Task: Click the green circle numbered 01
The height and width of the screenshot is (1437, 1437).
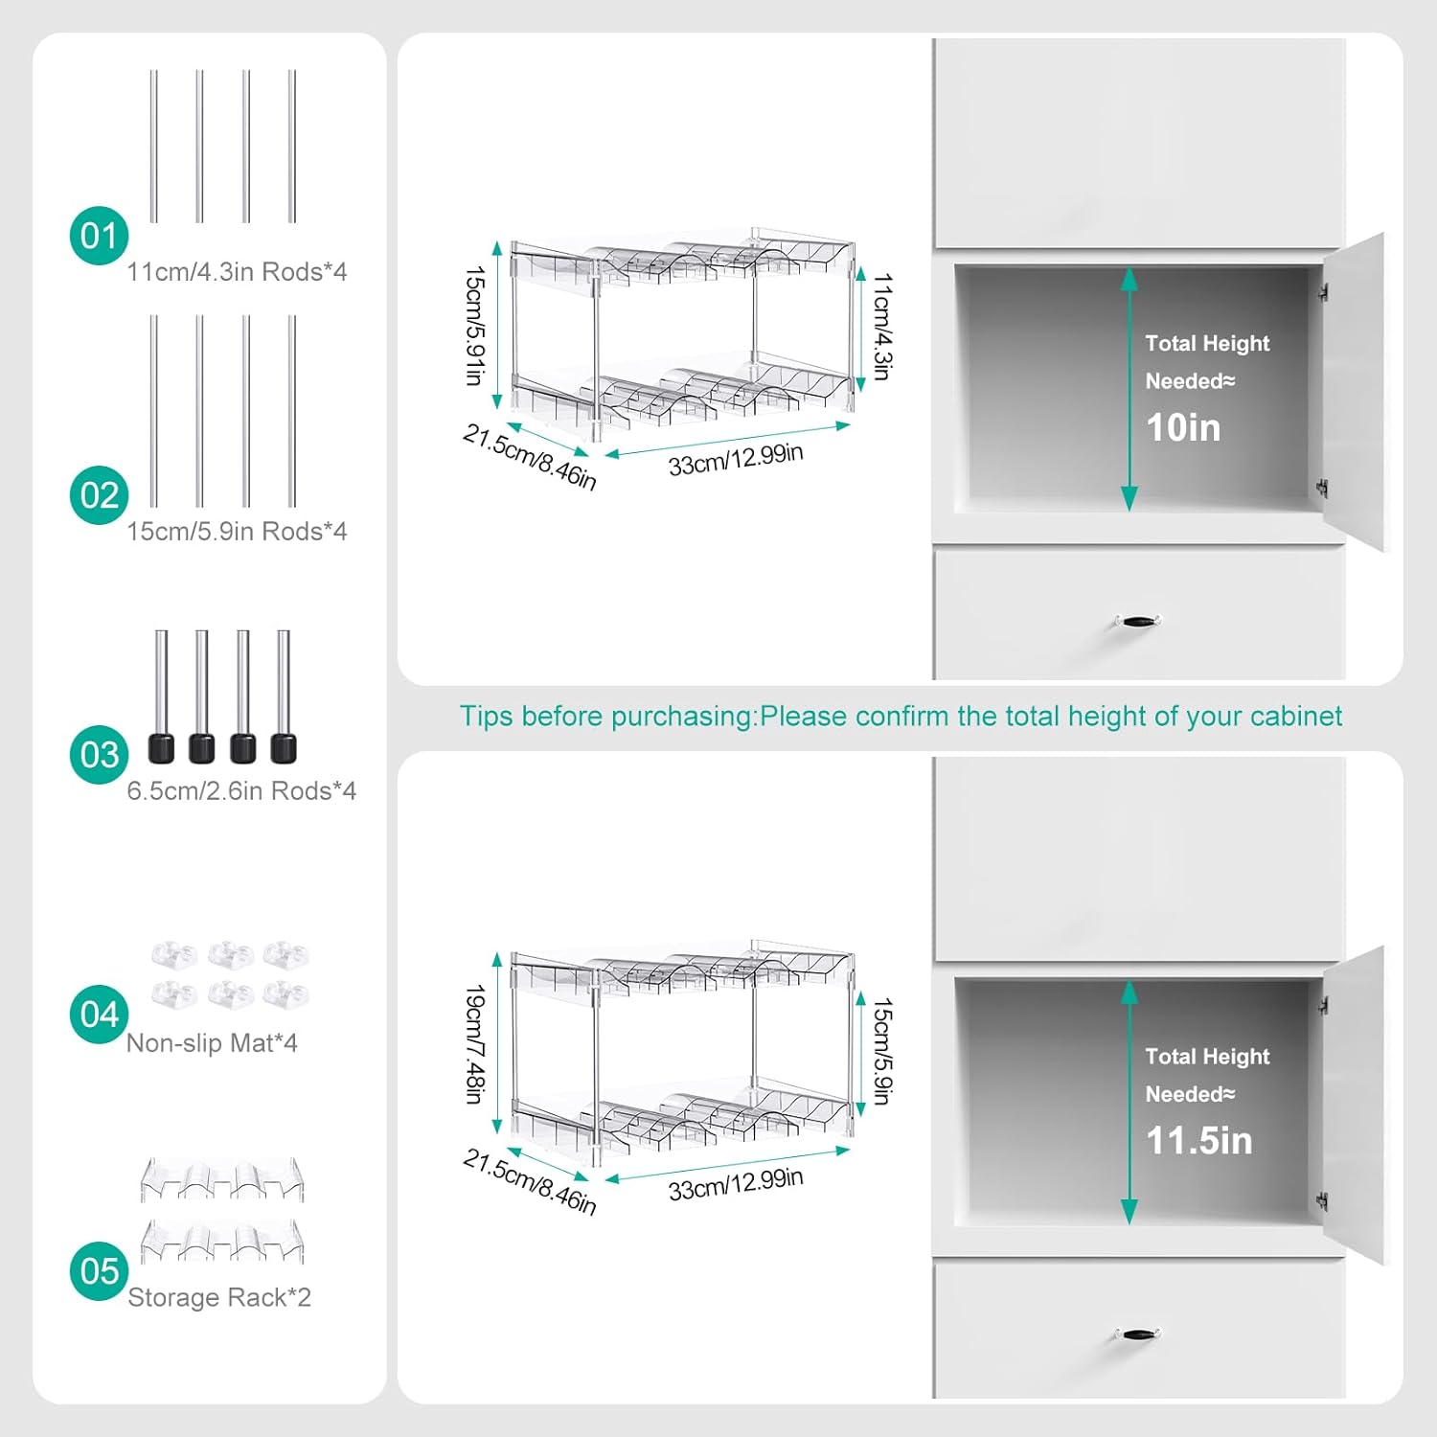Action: click(x=99, y=236)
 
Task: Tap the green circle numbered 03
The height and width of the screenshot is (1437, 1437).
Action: click(x=99, y=755)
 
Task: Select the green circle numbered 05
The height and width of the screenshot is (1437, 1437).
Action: click(x=99, y=1271)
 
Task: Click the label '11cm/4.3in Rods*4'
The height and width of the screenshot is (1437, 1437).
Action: click(x=237, y=272)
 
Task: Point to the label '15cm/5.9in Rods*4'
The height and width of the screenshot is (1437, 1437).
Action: click(x=237, y=532)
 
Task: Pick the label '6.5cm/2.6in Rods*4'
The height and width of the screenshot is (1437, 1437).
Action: click(x=241, y=791)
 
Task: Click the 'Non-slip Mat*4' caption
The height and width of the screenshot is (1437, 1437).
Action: click(x=212, y=1043)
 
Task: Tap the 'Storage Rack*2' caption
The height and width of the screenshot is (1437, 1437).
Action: click(x=219, y=1298)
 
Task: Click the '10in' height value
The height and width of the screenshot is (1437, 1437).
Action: click(x=1183, y=427)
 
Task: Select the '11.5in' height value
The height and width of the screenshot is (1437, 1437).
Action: click(x=1199, y=1141)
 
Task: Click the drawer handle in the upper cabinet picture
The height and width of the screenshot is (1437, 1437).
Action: click(x=1137, y=622)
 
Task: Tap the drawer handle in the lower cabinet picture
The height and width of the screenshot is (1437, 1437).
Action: click(x=1137, y=1334)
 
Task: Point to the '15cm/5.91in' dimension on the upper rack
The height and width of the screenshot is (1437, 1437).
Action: click(x=474, y=326)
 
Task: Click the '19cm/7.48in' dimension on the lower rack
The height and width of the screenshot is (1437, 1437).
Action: click(x=474, y=1044)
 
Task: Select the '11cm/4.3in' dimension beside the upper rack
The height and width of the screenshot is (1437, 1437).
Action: click(x=882, y=327)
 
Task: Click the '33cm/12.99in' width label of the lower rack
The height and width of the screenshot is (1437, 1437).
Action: click(x=736, y=1185)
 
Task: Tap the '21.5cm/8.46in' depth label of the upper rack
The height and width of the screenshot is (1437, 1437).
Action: click(x=530, y=457)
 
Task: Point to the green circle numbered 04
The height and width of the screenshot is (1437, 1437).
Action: click(x=99, y=1014)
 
